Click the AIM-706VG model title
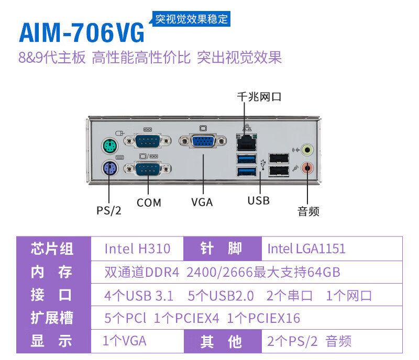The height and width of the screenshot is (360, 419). pos(82,32)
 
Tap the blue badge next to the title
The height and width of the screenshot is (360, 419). pos(192,19)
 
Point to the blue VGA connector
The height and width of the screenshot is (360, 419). pos(202,143)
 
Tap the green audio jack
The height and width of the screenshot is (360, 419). pos(309,150)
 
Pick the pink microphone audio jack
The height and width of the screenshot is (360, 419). pos(309,168)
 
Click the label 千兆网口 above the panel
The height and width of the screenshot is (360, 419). pos(259,97)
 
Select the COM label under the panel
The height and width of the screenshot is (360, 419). pos(149,203)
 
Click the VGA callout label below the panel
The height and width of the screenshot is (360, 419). pos(202,202)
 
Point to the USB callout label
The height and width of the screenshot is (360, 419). pos(259,200)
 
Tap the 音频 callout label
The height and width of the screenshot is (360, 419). pos(308,211)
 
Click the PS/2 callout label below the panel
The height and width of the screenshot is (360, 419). pos(109,210)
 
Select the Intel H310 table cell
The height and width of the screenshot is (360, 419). pos(137,249)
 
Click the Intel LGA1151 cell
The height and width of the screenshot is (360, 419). pos(306,249)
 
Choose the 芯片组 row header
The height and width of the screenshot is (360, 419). pos(52,249)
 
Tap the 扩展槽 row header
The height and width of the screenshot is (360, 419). pos(52,318)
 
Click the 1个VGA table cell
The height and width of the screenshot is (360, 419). pos(125,341)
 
